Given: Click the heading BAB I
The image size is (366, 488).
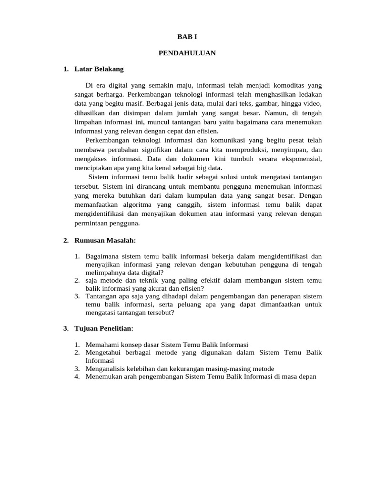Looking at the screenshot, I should coord(187,37).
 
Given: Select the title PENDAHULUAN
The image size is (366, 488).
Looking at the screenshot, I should coord(187,53).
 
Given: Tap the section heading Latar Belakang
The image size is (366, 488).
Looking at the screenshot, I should coord(99,69).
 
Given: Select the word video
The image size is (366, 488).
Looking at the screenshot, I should coord(314,103).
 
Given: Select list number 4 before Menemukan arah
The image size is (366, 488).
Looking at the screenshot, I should coord(77,376).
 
